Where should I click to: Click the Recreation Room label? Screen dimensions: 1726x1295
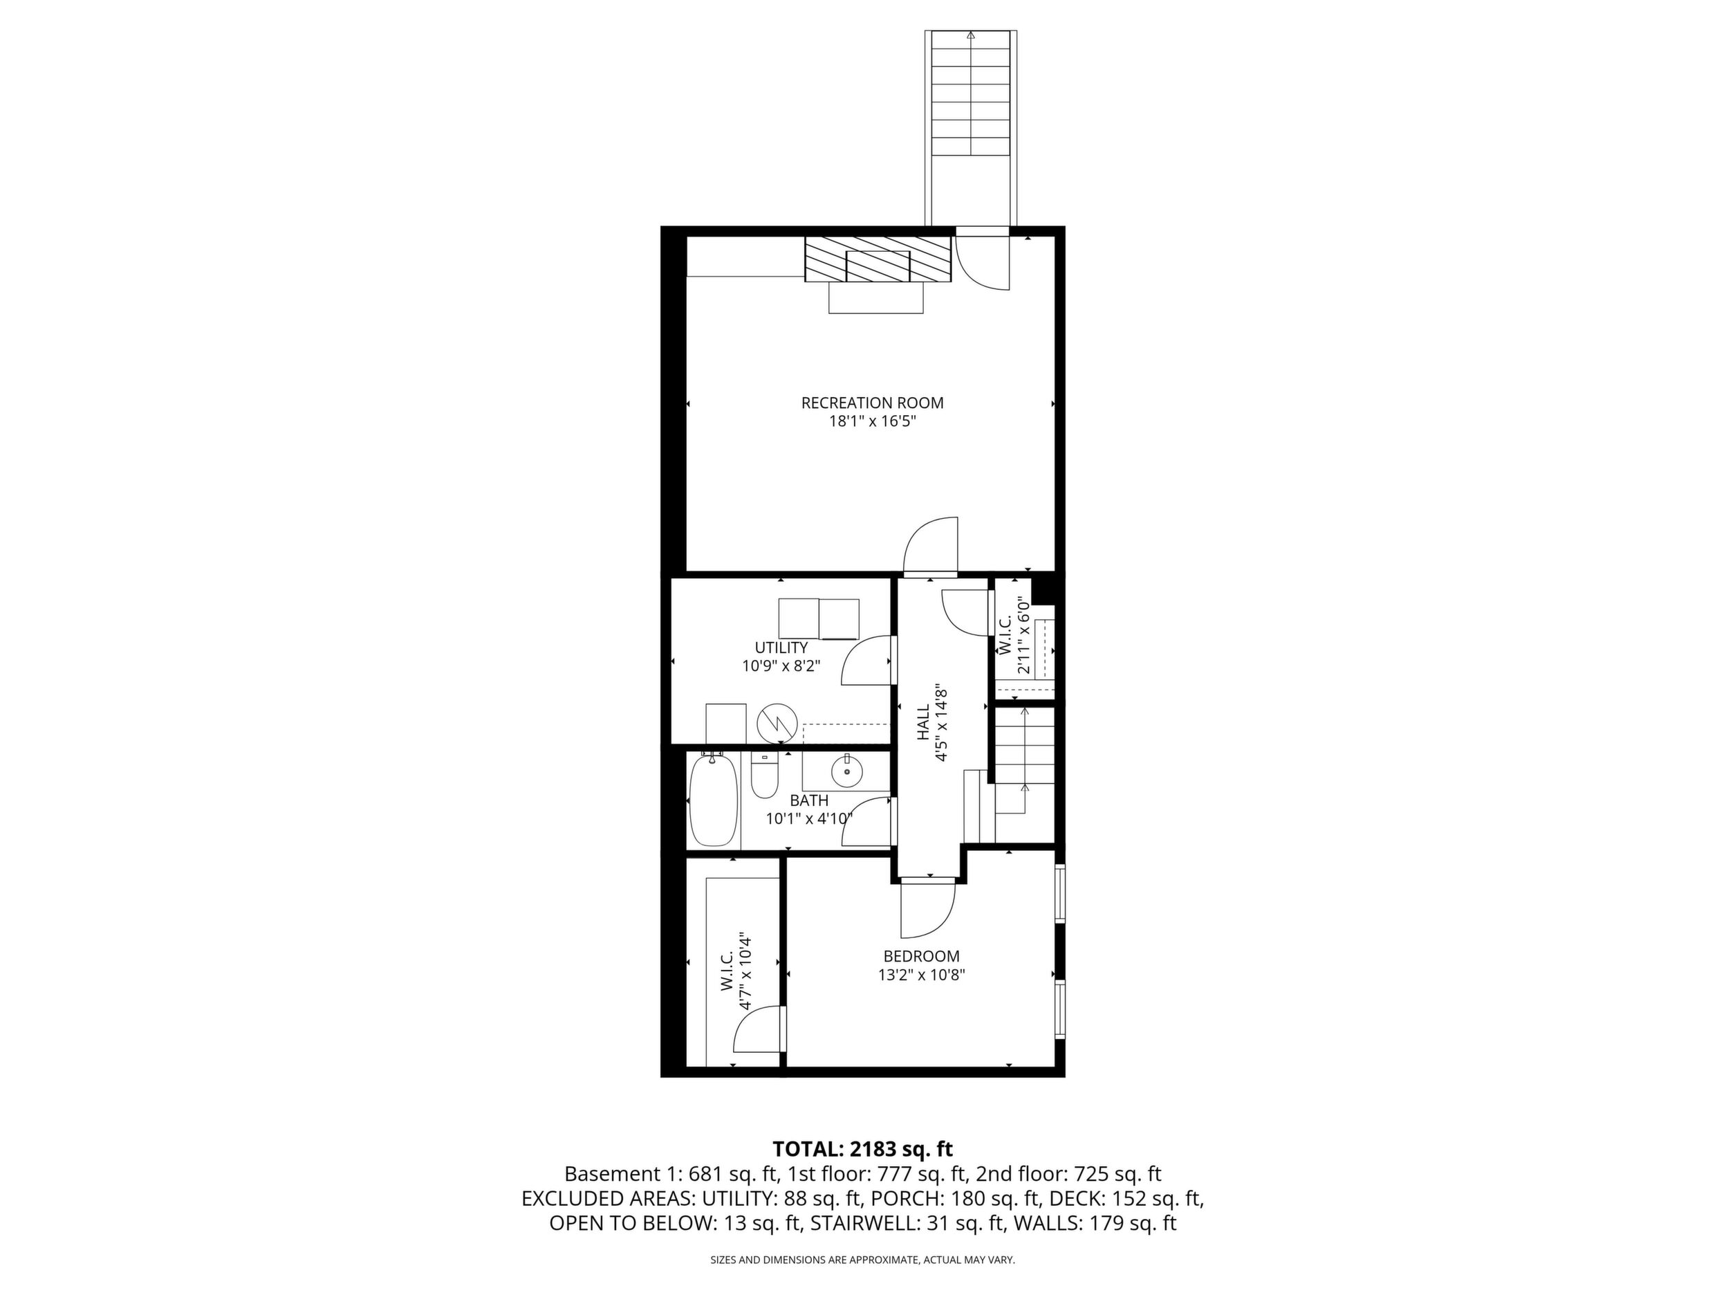[873, 403]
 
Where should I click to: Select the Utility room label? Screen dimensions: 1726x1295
[781, 647]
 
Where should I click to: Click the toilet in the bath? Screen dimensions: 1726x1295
[765, 774]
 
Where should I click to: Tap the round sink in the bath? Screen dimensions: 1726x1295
[846, 773]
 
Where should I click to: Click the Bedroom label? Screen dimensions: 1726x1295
[922, 956]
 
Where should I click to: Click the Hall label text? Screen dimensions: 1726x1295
[924, 723]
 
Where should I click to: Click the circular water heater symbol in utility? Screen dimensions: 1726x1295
[777, 724]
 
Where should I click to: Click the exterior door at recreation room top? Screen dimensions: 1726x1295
[983, 262]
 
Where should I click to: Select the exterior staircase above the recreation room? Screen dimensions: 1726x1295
[971, 129]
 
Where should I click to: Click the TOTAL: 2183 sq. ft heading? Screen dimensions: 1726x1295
[862, 1149]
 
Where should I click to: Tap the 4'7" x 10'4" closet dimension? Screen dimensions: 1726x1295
[746, 972]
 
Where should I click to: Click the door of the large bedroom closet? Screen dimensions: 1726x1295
[759, 1030]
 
